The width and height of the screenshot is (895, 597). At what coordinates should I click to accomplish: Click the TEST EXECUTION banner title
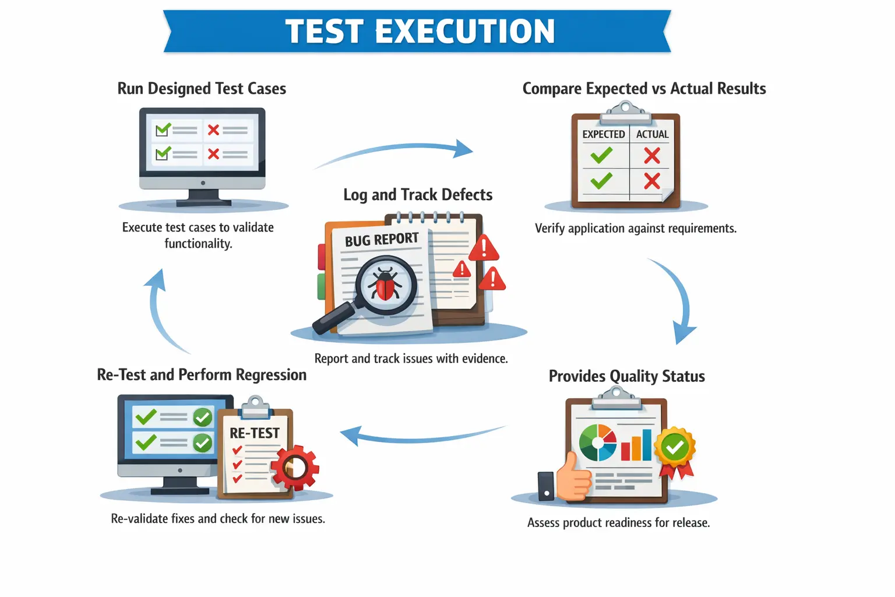click(420, 31)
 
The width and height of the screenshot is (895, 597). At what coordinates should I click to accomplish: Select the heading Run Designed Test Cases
click(202, 89)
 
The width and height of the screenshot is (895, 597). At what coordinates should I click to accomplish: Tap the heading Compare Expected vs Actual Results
click(644, 89)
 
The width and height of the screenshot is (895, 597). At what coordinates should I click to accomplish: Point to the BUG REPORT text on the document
click(382, 240)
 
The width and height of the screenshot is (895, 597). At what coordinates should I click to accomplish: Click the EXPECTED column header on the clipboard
click(604, 134)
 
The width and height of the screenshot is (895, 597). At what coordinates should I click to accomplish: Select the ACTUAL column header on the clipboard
click(652, 134)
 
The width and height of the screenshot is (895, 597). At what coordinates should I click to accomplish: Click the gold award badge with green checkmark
click(675, 448)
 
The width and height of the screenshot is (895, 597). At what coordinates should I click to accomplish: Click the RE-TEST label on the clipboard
click(255, 433)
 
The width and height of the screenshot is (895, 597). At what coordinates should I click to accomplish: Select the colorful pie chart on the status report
click(598, 443)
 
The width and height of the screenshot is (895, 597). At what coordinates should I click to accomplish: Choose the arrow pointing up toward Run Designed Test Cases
click(160, 309)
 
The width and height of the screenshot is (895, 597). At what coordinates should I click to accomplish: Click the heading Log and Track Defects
click(418, 195)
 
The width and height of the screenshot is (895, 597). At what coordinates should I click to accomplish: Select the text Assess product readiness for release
click(618, 523)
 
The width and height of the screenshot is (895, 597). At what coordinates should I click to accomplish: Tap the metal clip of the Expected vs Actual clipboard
click(625, 113)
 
